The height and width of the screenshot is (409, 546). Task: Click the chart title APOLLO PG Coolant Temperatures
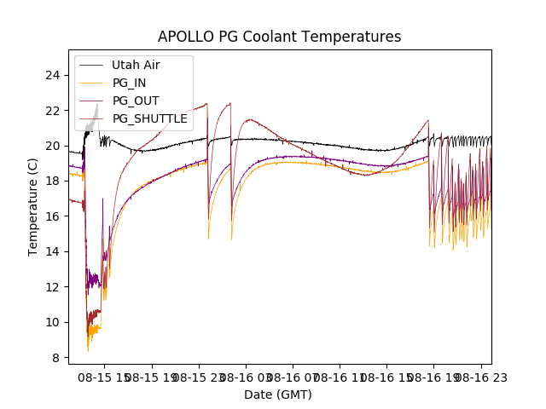click(279, 37)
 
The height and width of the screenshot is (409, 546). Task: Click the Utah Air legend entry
click(136, 65)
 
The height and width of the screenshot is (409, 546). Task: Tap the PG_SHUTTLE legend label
click(150, 118)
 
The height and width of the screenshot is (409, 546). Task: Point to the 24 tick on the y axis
click(53, 75)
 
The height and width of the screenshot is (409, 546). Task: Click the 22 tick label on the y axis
click(53, 111)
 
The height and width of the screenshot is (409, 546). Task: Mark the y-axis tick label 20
click(53, 146)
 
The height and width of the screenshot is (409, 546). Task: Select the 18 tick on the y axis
click(53, 181)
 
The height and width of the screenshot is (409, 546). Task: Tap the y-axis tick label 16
click(53, 216)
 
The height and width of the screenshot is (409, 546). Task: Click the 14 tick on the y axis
click(53, 251)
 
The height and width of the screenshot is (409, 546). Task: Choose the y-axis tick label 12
click(53, 287)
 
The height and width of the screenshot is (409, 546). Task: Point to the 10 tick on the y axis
click(53, 322)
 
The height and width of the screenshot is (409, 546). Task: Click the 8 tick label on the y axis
click(56, 358)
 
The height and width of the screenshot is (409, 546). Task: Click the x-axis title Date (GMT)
click(278, 395)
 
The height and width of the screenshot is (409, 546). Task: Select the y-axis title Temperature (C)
click(33, 206)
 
